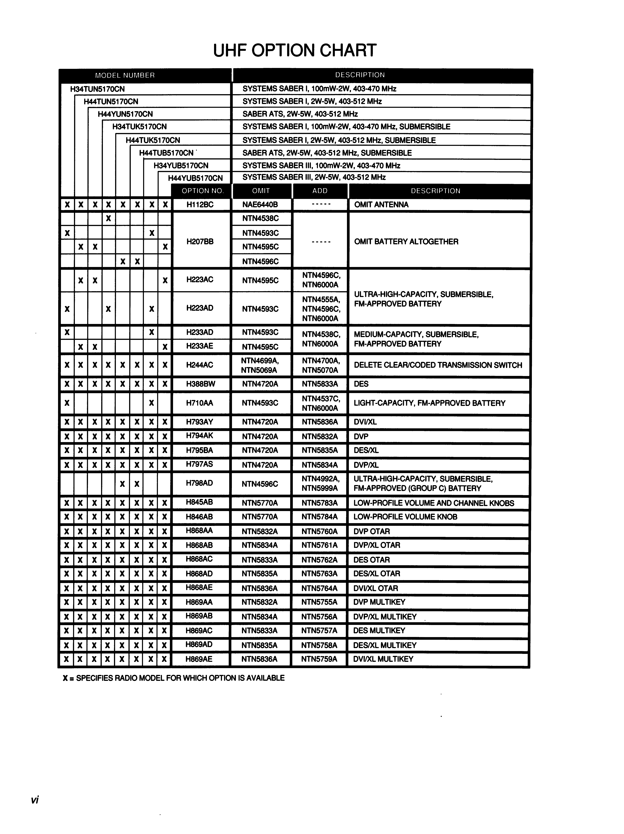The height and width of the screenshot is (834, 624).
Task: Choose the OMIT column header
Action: pos(261,191)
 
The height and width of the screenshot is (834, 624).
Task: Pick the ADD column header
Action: pos(320,191)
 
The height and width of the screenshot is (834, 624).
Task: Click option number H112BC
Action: pos(200,204)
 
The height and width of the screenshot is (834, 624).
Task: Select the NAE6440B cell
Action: pos(260,204)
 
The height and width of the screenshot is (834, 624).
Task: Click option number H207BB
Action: pos(200,241)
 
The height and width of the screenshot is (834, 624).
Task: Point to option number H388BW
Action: pos(200,384)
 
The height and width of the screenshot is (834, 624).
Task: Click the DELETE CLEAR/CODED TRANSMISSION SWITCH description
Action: pos(438,365)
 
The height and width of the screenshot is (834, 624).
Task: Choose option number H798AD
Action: pos(200,483)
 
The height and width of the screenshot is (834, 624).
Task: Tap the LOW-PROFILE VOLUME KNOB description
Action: pos(405,517)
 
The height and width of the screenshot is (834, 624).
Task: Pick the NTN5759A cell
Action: pos(319,659)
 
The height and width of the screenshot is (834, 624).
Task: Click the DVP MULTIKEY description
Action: pos(379,602)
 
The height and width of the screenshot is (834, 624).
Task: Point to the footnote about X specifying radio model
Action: pos(174,678)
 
